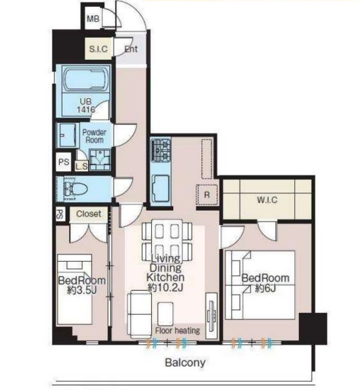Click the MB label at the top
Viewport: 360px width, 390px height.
tap(93, 19)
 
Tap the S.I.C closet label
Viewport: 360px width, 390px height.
tap(98, 49)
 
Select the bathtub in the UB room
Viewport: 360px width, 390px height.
tap(85, 79)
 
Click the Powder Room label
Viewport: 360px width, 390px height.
tap(94, 136)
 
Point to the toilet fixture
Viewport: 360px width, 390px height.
tap(75, 189)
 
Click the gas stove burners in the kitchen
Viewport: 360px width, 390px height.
tap(161, 150)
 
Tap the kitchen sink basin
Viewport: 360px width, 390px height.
tap(161, 188)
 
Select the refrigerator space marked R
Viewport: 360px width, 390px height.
tap(207, 195)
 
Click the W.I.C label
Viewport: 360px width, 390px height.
tap(267, 200)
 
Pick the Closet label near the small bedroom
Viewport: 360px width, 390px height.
tap(89, 213)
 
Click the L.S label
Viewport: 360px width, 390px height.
tap(81, 166)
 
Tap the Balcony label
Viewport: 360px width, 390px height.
tap(185, 362)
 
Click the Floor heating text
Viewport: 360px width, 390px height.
tap(177, 330)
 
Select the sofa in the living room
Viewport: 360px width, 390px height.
tap(139, 314)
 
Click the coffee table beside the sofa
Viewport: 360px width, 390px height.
tap(165, 313)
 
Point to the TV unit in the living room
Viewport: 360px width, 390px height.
tap(212, 315)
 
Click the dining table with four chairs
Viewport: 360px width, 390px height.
tap(167, 241)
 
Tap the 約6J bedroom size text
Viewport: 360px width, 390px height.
tap(265, 289)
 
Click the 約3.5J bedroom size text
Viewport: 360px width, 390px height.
tap(81, 290)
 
